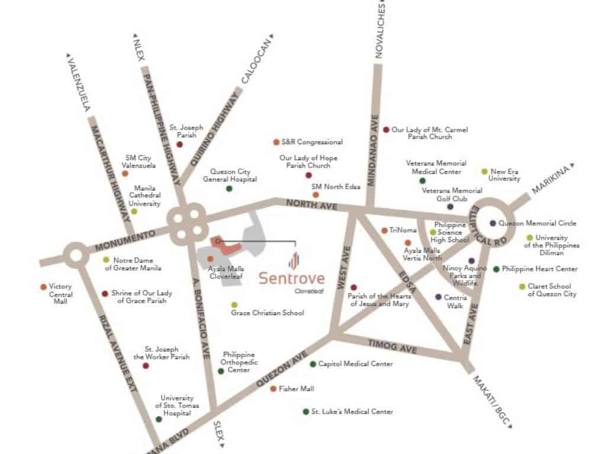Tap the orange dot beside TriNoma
point(384,231)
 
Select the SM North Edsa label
point(336,187)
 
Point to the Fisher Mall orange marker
point(273,389)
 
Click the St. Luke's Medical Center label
point(352,411)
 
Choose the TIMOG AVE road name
point(392,348)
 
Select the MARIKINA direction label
point(549,180)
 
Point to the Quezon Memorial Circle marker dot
point(493,223)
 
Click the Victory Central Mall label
point(60,294)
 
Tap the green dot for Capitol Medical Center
point(312,364)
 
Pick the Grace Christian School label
point(267,312)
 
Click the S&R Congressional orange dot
point(276,142)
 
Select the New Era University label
point(504,175)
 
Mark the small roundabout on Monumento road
point(76,257)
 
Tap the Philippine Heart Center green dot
point(496,269)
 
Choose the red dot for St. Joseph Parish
point(179,144)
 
